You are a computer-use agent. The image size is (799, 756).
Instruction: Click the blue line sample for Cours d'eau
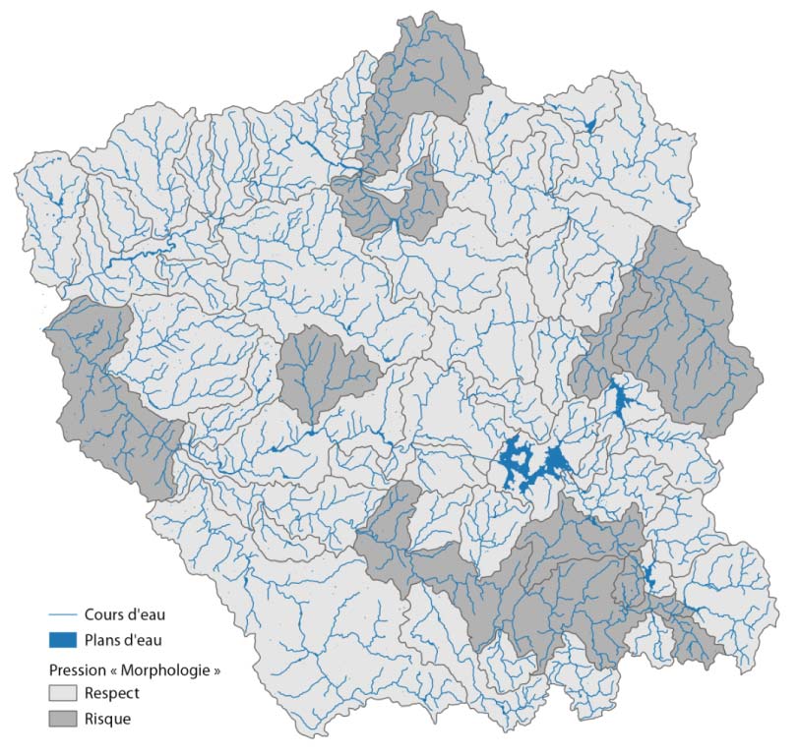tap(62, 615)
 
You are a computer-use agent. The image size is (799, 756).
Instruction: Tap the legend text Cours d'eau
tap(124, 615)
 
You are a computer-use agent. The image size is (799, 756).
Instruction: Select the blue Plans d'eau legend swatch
tap(62, 640)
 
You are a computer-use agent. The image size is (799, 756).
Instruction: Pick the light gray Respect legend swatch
tap(62, 693)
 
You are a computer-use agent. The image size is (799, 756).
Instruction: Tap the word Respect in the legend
tap(112, 693)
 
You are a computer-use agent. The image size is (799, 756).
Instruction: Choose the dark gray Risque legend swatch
tap(62, 719)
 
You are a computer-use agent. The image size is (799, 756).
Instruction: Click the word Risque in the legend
tap(107, 719)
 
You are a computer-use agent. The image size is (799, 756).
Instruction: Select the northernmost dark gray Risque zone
tap(423, 79)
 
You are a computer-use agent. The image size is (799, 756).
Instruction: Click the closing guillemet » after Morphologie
tap(215, 669)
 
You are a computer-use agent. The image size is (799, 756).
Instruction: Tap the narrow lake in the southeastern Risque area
tap(648, 577)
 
